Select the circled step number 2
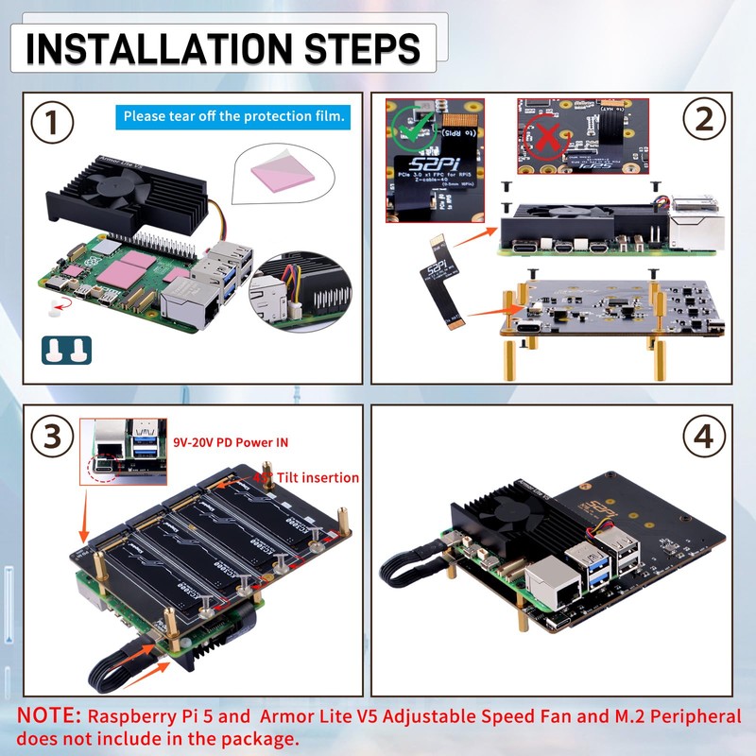(704, 120)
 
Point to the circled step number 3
(53, 438)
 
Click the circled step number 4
(704, 438)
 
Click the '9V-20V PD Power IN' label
(232, 442)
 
